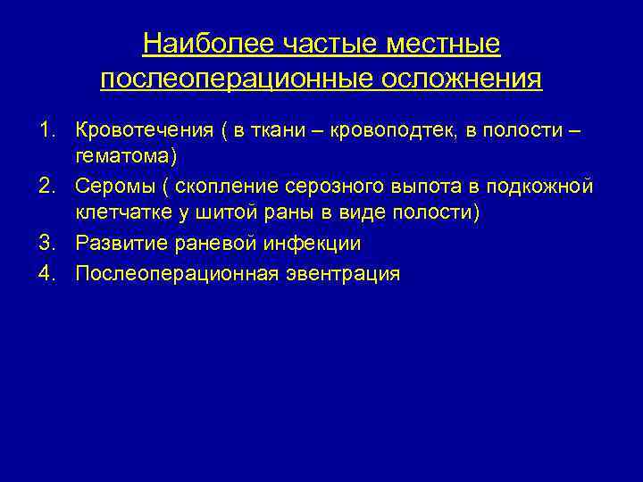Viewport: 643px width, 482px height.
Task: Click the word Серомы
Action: coord(112,186)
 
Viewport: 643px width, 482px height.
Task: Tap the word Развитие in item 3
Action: coord(115,244)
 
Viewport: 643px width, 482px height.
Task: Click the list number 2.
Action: coord(45,186)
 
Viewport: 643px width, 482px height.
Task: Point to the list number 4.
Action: coord(45,273)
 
